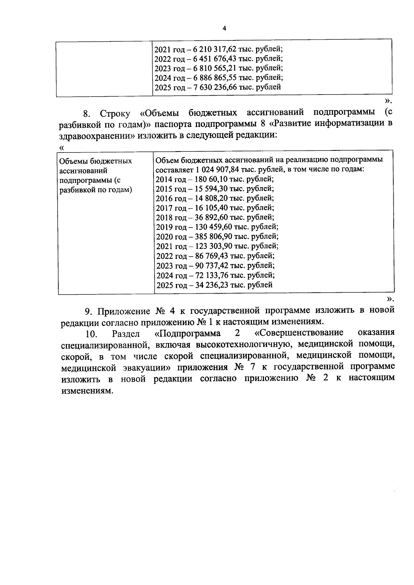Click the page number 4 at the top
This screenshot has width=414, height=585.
click(x=224, y=29)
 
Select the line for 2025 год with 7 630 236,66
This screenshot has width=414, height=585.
click(x=217, y=87)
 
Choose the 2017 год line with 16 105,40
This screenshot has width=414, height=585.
click(x=215, y=208)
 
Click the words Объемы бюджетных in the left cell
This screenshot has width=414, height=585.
click(x=96, y=161)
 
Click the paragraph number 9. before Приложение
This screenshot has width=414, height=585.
click(x=89, y=311)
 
